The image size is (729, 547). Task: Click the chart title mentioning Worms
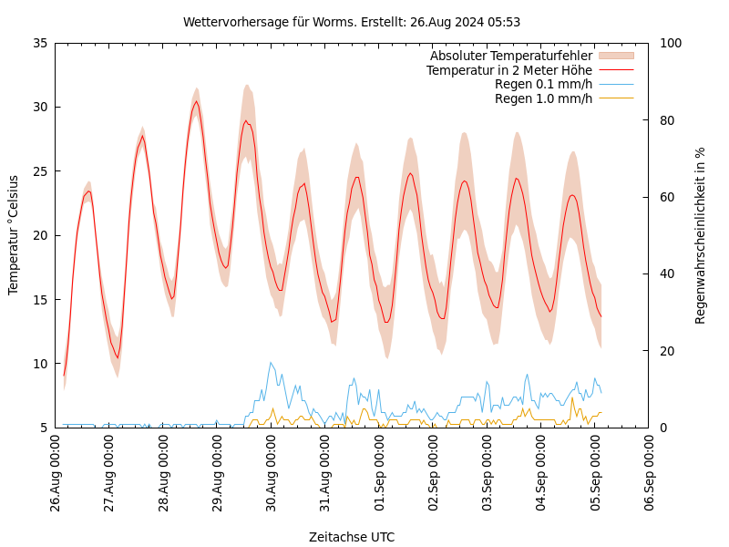point(352,22)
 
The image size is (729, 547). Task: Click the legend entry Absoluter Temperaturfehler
point(510,56)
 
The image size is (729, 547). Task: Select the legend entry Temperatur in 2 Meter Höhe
point(508,70)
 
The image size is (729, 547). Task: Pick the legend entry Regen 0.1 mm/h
point(543,84)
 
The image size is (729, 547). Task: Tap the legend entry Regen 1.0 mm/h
point(543,98)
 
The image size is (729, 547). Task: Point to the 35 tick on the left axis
point(39,43)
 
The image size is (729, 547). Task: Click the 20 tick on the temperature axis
point(39,235)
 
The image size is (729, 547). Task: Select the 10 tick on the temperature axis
point(39,364)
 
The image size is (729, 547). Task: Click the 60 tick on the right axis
point(666,197)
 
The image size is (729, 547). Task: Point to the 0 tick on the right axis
point(662,428)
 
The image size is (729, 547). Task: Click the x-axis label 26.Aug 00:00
point(56,475)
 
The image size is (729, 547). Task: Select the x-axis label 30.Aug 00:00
point(272,475)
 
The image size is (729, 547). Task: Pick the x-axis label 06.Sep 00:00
point(650,475)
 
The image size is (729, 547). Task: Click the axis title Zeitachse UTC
point(352,537)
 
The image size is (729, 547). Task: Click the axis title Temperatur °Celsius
point(14,234)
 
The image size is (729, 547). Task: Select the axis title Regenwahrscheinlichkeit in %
point(701,235)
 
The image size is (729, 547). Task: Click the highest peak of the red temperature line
point(196,101)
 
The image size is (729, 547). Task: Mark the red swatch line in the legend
point(616,70)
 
